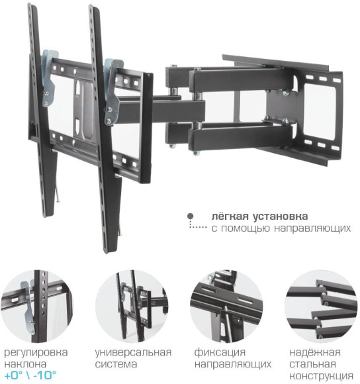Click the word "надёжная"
(313, 352)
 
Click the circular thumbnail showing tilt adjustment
(41, 305)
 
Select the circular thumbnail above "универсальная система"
(132, 305)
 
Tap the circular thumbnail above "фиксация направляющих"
(225, 305)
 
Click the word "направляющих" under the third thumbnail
(232, 364)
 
